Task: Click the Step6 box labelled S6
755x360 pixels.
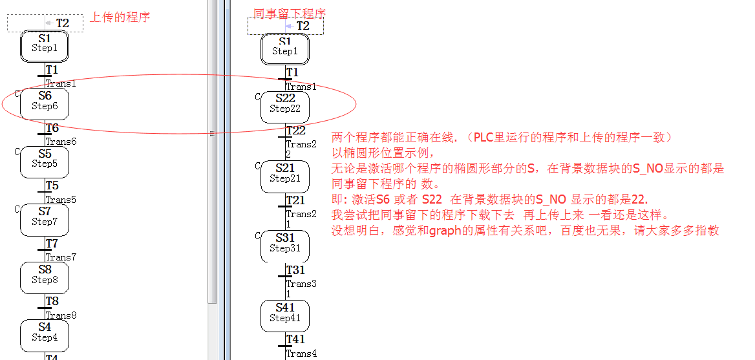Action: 44,103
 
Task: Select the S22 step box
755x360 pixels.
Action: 285,107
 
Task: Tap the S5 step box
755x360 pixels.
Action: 44,161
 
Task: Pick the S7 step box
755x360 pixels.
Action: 44,219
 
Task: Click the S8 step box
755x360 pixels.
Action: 44,277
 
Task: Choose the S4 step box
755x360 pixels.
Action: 44,334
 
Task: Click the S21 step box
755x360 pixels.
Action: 285,176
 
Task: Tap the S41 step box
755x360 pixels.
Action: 285,315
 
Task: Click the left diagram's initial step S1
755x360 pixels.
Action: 44,45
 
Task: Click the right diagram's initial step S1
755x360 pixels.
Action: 285,48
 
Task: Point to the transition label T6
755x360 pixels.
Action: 52,128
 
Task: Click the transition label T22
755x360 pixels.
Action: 295,131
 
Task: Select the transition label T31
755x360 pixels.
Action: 295,270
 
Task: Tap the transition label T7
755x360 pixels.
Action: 52,244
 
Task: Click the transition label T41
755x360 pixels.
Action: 295,339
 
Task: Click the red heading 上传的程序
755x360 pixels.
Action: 120,17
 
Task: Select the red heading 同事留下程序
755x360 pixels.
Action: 289,12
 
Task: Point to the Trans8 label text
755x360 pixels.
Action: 61,315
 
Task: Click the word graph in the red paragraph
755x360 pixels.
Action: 445,231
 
